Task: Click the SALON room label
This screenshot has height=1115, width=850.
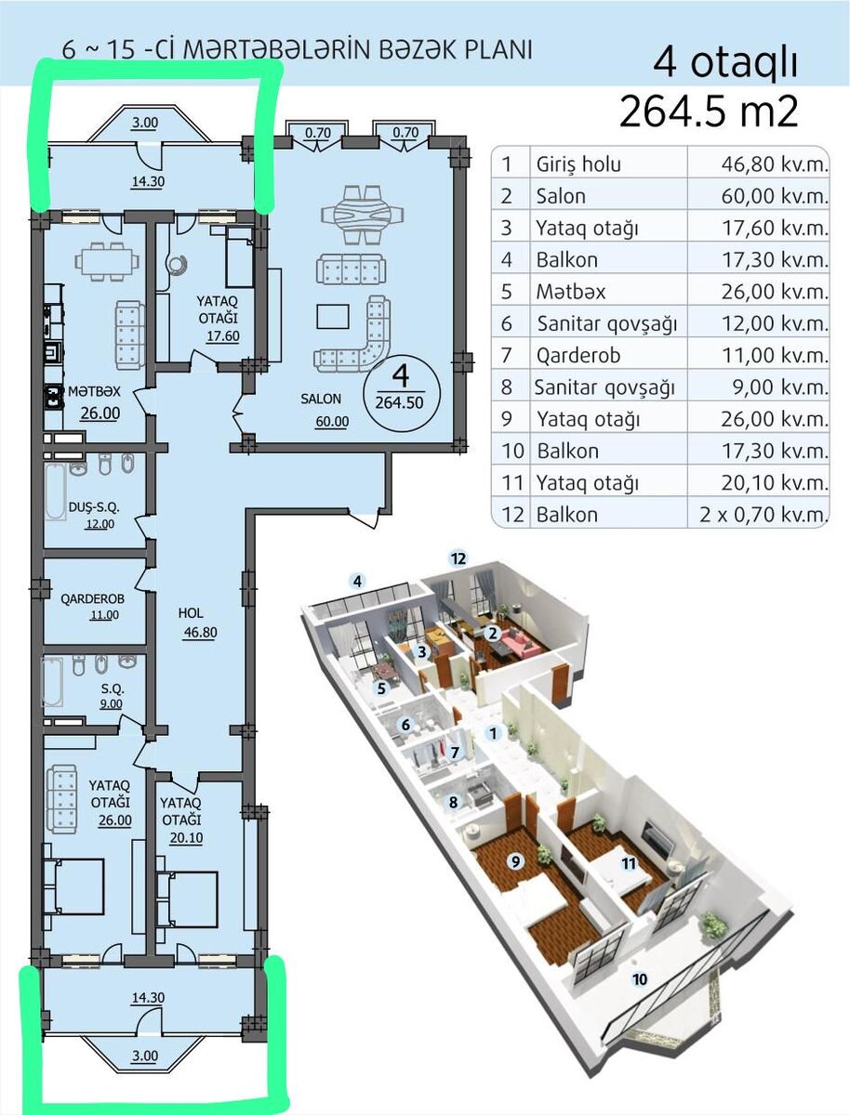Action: coord(320,399)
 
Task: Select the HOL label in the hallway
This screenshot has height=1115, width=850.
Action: coord(191,613)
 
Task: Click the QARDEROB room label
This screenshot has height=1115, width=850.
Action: coord(92,599)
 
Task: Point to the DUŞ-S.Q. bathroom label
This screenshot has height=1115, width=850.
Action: coord(94,506)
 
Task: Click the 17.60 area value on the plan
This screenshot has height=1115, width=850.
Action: coord(222,336)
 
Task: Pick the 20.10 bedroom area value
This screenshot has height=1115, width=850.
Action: coord(186,838)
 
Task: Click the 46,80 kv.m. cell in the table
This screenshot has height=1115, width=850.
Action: coord(775,164)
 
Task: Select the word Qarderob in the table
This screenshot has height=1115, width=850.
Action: coord(578,355)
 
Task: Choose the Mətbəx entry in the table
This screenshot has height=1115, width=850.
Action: coord(571,292)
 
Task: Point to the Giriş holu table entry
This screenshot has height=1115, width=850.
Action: coord(578,164)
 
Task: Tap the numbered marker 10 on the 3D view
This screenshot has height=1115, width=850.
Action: coord(640,978)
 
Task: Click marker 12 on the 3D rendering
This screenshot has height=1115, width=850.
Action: coord(458,558)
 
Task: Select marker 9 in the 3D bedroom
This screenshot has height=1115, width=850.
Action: coord(516,861)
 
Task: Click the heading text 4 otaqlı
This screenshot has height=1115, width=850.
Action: coord(725,64)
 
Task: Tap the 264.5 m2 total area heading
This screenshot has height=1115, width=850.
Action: coord(709,111)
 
